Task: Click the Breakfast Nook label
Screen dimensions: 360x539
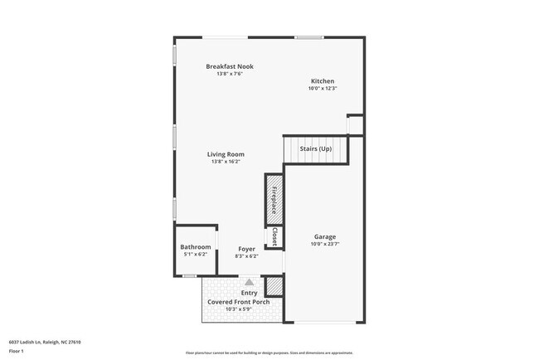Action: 230,66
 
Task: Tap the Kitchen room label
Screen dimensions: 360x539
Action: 322,81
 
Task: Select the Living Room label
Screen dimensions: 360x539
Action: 226,154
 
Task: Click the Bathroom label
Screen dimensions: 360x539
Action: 196,248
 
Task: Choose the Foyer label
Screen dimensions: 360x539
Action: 247,249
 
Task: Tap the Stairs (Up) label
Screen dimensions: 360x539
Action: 316,148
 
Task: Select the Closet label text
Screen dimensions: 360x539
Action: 274,237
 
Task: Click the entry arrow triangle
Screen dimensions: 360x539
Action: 247,283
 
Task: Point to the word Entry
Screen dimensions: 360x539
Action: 249,293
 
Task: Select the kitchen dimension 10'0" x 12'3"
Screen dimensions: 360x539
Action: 322,89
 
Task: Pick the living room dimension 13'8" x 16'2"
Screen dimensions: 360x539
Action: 226,162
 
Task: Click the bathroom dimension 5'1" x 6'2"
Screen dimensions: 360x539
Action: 196,255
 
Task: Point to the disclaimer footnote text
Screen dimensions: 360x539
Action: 269,352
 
